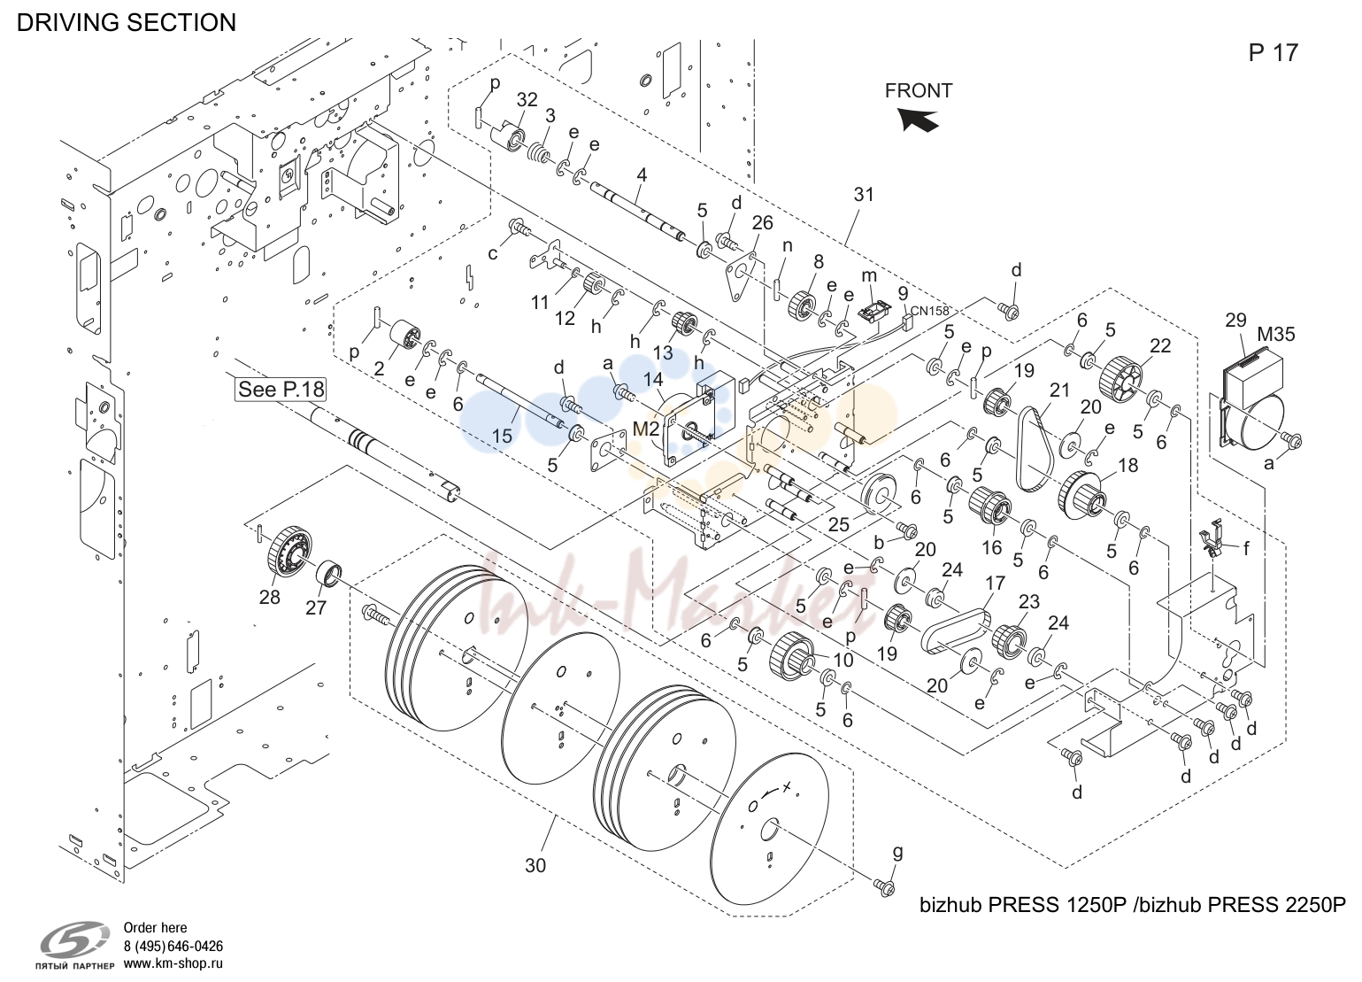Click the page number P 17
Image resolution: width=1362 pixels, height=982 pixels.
pos(1274,53)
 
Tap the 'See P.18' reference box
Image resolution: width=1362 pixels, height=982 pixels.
pos(281,390)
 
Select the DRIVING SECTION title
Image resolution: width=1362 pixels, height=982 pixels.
pos(127,22)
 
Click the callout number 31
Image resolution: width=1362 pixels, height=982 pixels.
pos(864,195)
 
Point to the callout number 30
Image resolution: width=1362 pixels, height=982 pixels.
pos(535,865)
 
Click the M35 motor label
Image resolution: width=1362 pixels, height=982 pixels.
pos(1275,334)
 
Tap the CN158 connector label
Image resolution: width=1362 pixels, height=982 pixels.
pos(930,310)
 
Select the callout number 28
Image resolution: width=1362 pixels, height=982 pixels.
pos(269,598)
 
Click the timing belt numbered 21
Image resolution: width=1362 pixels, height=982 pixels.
pos(1032,448)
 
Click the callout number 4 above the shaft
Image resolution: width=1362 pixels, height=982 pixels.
pos(642,175)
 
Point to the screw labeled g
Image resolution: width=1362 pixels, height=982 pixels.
pos(884,886)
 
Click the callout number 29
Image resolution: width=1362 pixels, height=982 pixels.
pos(1235,320)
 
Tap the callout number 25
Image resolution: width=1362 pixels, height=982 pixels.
pos(838,524)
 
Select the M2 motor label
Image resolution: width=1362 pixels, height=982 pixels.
pos(646,429)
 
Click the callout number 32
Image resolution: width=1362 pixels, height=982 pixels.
pos(527,100)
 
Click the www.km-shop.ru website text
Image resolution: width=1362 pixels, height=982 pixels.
pos(173,963)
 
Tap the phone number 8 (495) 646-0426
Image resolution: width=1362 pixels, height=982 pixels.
pos(173,947)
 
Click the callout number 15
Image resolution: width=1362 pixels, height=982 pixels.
pos(502,436)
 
